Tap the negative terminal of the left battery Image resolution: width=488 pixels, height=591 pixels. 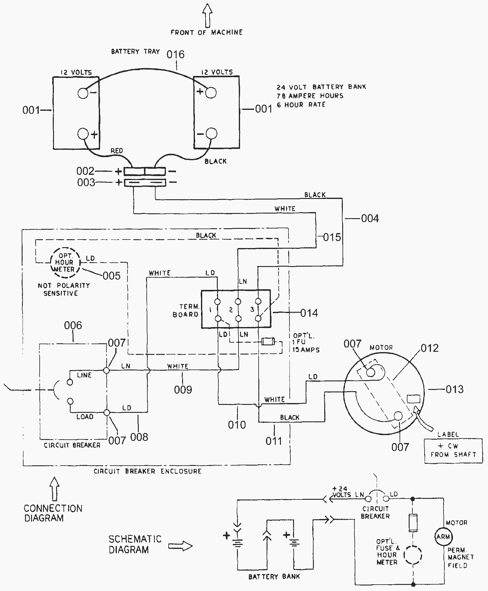coord(83,93)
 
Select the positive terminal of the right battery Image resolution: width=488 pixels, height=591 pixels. coord(211,92)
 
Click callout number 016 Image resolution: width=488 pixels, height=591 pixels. coord(176,55)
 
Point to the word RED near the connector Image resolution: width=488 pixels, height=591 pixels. coord(117,151)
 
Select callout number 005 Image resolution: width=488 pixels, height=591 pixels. coord(112,276)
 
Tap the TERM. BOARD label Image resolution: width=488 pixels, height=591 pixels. coord(186,310)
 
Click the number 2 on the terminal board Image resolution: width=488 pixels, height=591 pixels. coord(231,310)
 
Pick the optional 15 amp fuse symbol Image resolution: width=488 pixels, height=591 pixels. coord(268,341)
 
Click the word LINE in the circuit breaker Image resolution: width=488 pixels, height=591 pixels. coord(84,375)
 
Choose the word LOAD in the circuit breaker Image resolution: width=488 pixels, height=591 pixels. coord(85,417)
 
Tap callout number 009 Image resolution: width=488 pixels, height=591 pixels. coord(183,390)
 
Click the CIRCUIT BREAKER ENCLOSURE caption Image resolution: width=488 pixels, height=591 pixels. coord(148,471)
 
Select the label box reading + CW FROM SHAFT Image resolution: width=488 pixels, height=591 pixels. coord(453,451)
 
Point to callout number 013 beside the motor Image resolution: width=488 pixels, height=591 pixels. coord(454,389)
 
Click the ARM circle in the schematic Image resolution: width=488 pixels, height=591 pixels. coord(443,537)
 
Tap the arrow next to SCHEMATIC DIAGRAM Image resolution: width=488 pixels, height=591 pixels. coord(180,546)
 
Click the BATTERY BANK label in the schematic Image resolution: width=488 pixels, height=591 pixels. coord(274,577)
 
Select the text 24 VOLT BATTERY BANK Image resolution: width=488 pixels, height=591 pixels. coord(321,87)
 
